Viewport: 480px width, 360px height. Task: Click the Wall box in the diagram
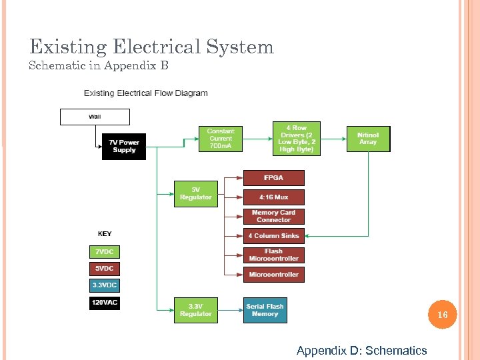(x=95, y=117)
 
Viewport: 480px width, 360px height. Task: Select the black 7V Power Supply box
(x=124, y=146)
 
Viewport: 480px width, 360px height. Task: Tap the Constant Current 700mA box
(x=221, y=139)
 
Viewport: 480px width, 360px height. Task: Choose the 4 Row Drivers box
(x=296, y=139)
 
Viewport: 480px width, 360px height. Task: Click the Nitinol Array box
(x=368, y=139)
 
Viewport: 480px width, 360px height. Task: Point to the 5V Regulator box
(x=195, y=193)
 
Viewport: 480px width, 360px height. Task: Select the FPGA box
(x=273, y=178)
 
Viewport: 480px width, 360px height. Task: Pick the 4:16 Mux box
(x=273, y=197)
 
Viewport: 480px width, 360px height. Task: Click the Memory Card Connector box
(x=273, y=217)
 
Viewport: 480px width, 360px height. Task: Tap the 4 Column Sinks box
(x=273, y=235)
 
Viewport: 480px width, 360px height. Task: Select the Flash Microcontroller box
(x=273, y=255)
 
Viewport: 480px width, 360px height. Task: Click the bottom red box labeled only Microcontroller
(x=273, y=275)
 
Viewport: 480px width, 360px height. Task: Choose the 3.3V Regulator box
(x=195, y=310)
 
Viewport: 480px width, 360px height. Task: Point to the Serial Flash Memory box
(x=265, y=310)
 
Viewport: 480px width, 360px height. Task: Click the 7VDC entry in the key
(x=105, y=252)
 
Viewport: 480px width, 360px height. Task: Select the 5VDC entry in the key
(x=105, y=269)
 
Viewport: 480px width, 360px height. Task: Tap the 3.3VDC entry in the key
(x=105, y=285)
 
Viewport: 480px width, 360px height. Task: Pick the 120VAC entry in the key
(x=105, y=303)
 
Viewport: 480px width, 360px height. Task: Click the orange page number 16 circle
(x=442, y=314)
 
